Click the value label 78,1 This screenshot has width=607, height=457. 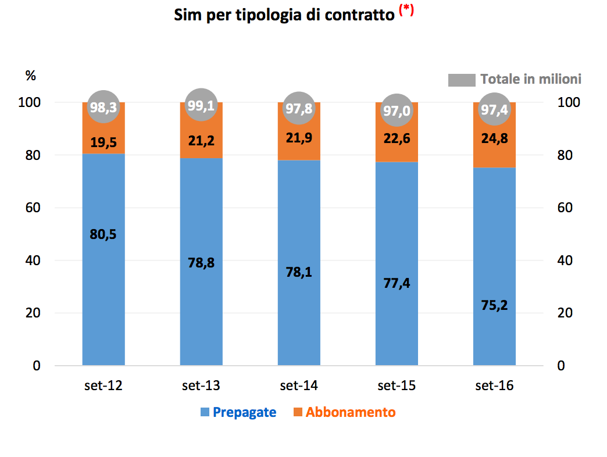(299, 272)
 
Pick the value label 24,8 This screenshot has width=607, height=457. (494, 140)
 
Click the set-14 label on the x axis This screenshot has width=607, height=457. (299, 385)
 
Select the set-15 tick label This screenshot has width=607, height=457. (397, 385)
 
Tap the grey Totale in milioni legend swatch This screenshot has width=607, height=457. (462, 80)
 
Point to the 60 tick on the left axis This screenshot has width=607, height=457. (33, 208)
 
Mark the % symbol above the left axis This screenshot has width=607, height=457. (31, 75)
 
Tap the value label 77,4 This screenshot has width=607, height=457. (397, 283)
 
